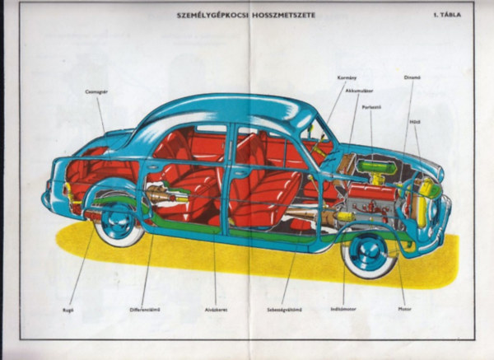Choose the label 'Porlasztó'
click(370, 107)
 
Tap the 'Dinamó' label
click(412, 79)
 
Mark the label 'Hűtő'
click(415, 120)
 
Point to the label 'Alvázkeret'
click(216, 312)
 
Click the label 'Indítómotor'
click(343, 312)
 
